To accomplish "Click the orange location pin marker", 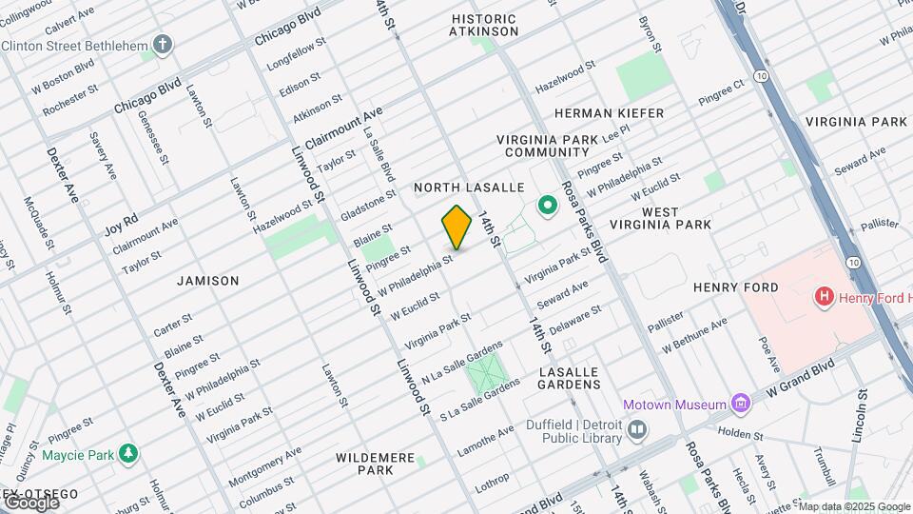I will click(456, 227).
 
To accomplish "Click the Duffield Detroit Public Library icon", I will click(637, 430).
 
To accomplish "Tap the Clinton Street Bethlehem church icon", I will click(164, 45).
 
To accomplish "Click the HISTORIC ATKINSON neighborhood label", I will click(484, 26).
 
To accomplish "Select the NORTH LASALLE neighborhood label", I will click(456, 188).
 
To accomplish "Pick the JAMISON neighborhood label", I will click(207, 281).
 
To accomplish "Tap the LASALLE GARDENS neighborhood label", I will click(570, 378).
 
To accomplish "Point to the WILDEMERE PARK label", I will click(376, 464).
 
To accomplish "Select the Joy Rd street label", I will click(121, 228).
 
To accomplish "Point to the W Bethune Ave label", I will click(695, 340).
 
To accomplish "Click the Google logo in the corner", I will click(30, 502).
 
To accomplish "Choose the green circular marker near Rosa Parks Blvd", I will click(548, 205).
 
